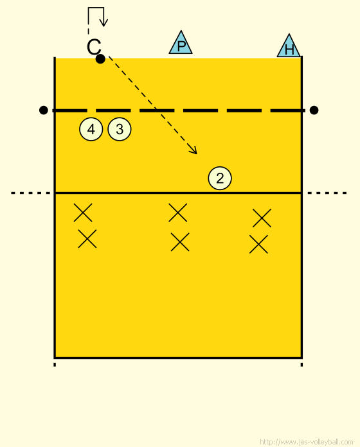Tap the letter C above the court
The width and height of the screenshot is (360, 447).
coord(94,47)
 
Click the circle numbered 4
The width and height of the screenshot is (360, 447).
coord(91,129)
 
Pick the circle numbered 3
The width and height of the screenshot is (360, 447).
coord(120,129)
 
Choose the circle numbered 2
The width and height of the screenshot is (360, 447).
coord(220,178)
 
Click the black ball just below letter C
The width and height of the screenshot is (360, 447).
coord(100,59)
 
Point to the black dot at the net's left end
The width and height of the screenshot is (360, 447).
coord(43,110)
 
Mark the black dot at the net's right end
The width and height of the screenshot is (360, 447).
coord(314,110)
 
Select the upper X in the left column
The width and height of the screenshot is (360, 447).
coord(83,213)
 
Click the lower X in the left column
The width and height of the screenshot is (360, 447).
coord(87,239)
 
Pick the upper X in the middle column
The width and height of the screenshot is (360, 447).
coord(178,213)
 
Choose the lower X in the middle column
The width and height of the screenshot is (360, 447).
coord(180,242)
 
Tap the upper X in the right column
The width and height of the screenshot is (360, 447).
coord(262,218)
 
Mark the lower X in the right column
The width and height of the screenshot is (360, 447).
coord(258,244)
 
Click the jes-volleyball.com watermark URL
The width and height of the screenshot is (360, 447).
coord(307,442)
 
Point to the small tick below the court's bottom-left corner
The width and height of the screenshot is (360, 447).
coord(55,365)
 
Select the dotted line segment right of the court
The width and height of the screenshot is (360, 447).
coord(327,193)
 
